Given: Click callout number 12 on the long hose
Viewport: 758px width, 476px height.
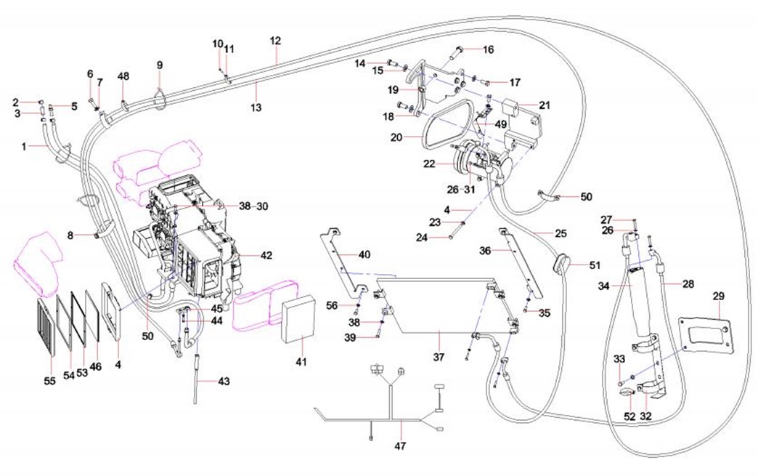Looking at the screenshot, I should (x=275, y=41).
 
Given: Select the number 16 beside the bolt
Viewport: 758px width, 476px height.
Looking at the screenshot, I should (x=488, y=49).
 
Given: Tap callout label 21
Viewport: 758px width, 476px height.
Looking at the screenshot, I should (x=544, y=105).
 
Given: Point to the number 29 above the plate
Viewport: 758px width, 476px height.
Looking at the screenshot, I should (x=719, y=296).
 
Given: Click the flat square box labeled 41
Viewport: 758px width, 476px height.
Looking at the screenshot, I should (x=295, y=319).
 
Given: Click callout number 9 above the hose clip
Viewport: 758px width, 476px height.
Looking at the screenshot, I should (x=160, y=65).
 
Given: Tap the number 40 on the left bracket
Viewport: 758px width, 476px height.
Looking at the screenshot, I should (x=364, y=254).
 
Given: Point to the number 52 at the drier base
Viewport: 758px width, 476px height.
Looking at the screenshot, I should (x=629, y=416).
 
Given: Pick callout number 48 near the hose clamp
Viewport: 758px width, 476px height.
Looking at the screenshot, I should (x=123, y=76).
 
